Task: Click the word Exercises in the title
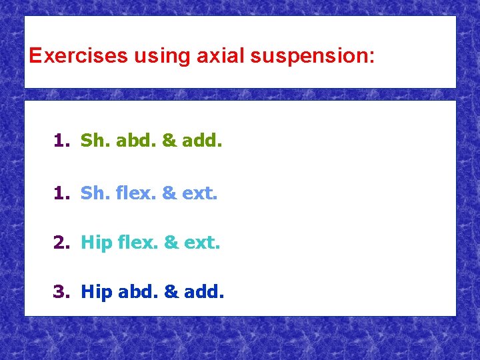click(x=78, y=55)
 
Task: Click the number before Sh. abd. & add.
click(x=61, y=141)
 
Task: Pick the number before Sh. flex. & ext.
click(x=61, y=193)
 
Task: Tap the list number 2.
click(x=61, y=243)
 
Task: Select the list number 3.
click(x=61, y=291)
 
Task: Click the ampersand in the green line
click(x=169, y=141)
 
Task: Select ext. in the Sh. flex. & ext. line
click(x=200, y=193)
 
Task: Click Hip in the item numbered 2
click(x=96, y=243)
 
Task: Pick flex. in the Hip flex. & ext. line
click(x=137, y=243)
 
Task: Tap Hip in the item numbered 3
click(x=96, y=292)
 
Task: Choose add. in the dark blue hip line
click(x=205, y=291)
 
